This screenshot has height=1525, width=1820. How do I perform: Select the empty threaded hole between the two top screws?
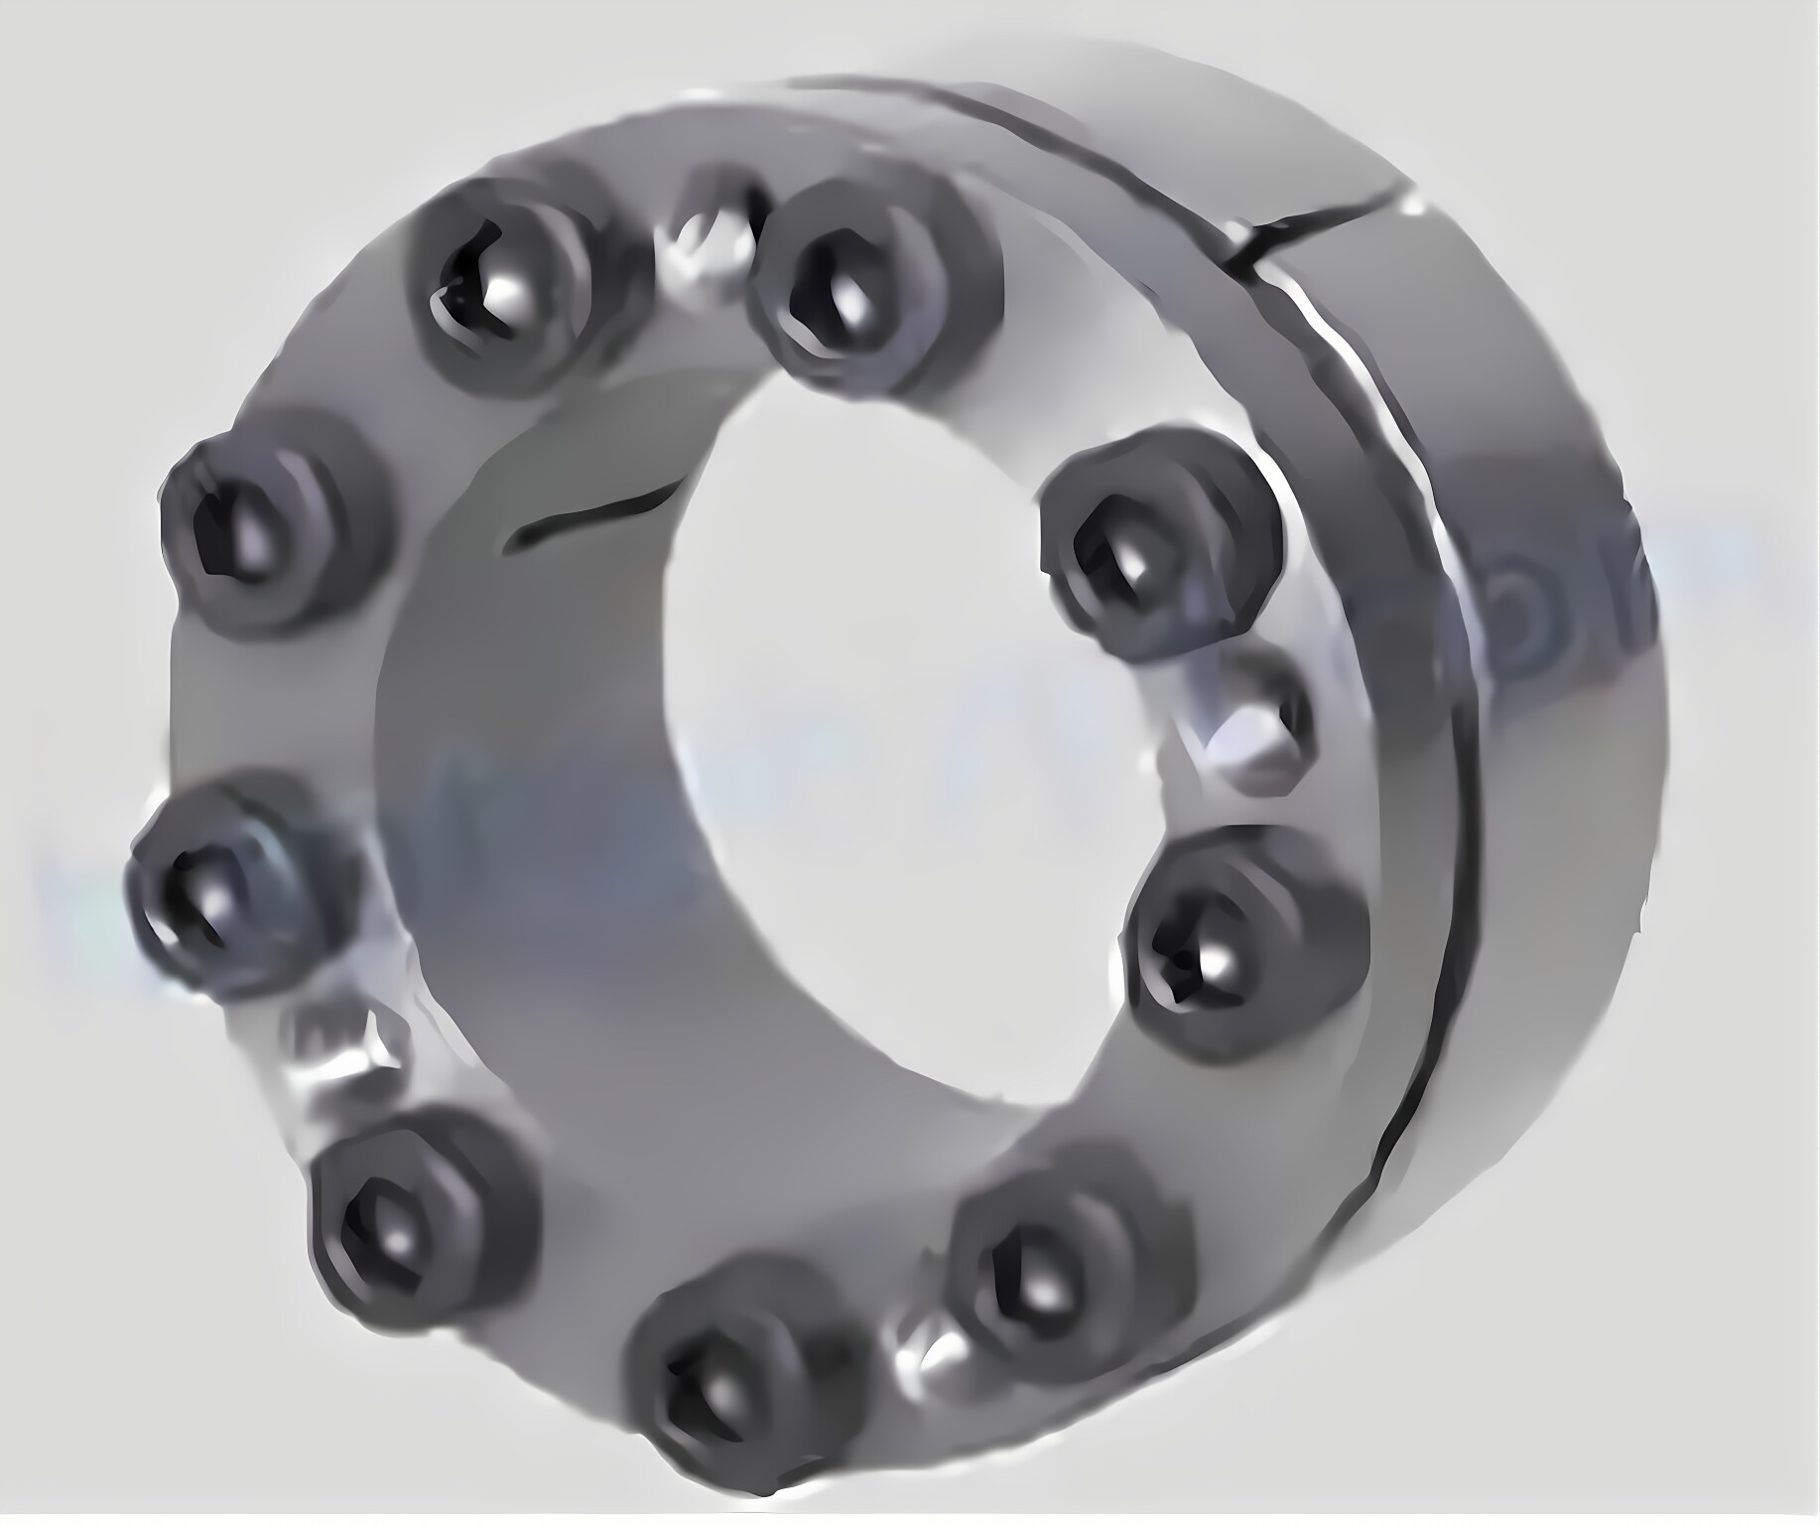[x=707, y=238]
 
